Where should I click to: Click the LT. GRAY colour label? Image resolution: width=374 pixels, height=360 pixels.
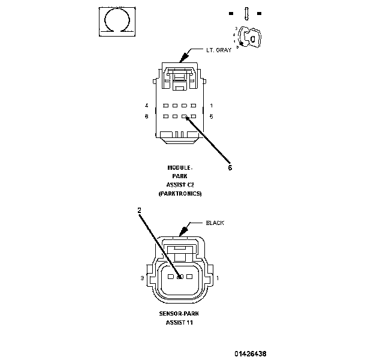[218, 50]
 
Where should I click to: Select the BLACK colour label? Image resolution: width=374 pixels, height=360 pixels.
[215, 223]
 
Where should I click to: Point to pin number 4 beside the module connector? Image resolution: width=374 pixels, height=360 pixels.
[147, 106]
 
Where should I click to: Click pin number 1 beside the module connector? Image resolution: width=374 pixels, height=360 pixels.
[211, 106]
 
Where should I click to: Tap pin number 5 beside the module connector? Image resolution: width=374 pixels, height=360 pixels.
[211, 116]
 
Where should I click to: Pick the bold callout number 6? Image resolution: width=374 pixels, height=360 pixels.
[230, 168]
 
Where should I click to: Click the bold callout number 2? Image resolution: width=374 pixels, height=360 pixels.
[139, 210]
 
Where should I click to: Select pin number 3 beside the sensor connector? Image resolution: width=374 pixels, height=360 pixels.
[142, 278]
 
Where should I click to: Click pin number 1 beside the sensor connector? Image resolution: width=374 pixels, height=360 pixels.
[218, 278]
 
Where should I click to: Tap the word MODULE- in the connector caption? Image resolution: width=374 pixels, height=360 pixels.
[180, 167]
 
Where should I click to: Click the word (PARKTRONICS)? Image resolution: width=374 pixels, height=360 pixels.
[180, 194]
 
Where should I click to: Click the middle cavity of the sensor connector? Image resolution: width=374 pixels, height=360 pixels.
[180, 277]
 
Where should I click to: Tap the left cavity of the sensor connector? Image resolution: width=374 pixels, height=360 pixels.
[171, 277]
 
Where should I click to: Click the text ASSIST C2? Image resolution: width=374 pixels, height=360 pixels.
[180, 185]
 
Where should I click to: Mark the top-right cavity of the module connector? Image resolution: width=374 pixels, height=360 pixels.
[194, 106]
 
